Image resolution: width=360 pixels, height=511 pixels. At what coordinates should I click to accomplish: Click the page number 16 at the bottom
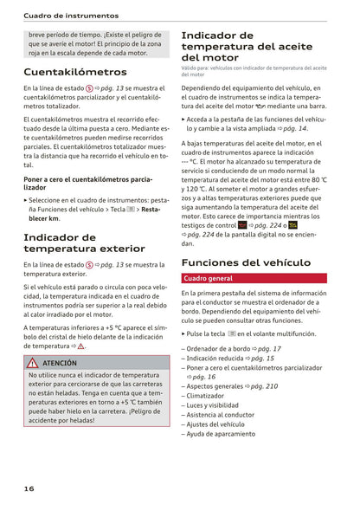point(29,488)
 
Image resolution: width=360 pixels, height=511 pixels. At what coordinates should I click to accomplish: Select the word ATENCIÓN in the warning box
point(60,364)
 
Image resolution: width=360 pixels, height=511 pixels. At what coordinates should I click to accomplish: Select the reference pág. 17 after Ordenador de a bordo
point(266,348)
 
